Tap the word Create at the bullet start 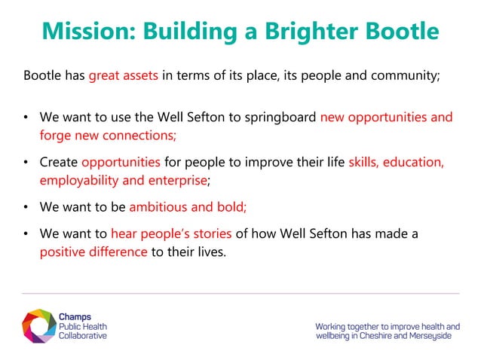pos(59,161)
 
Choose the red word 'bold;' pos(231,206)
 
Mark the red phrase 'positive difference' pos(93,251)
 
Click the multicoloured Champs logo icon pos(38,325)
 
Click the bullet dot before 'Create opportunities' pos(26,161)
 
